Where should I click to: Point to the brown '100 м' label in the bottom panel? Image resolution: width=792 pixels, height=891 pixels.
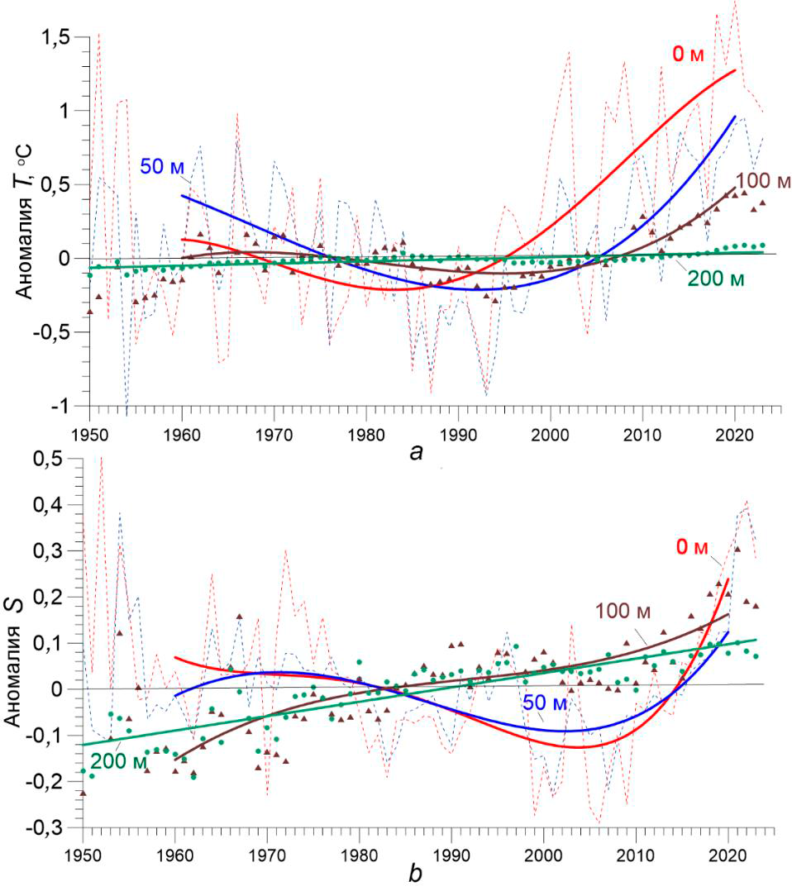(x=623, y=612)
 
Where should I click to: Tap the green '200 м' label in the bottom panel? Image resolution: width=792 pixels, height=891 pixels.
(x=117, y=760)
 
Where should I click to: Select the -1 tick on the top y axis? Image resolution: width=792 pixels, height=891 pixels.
(x=65, y=407)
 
